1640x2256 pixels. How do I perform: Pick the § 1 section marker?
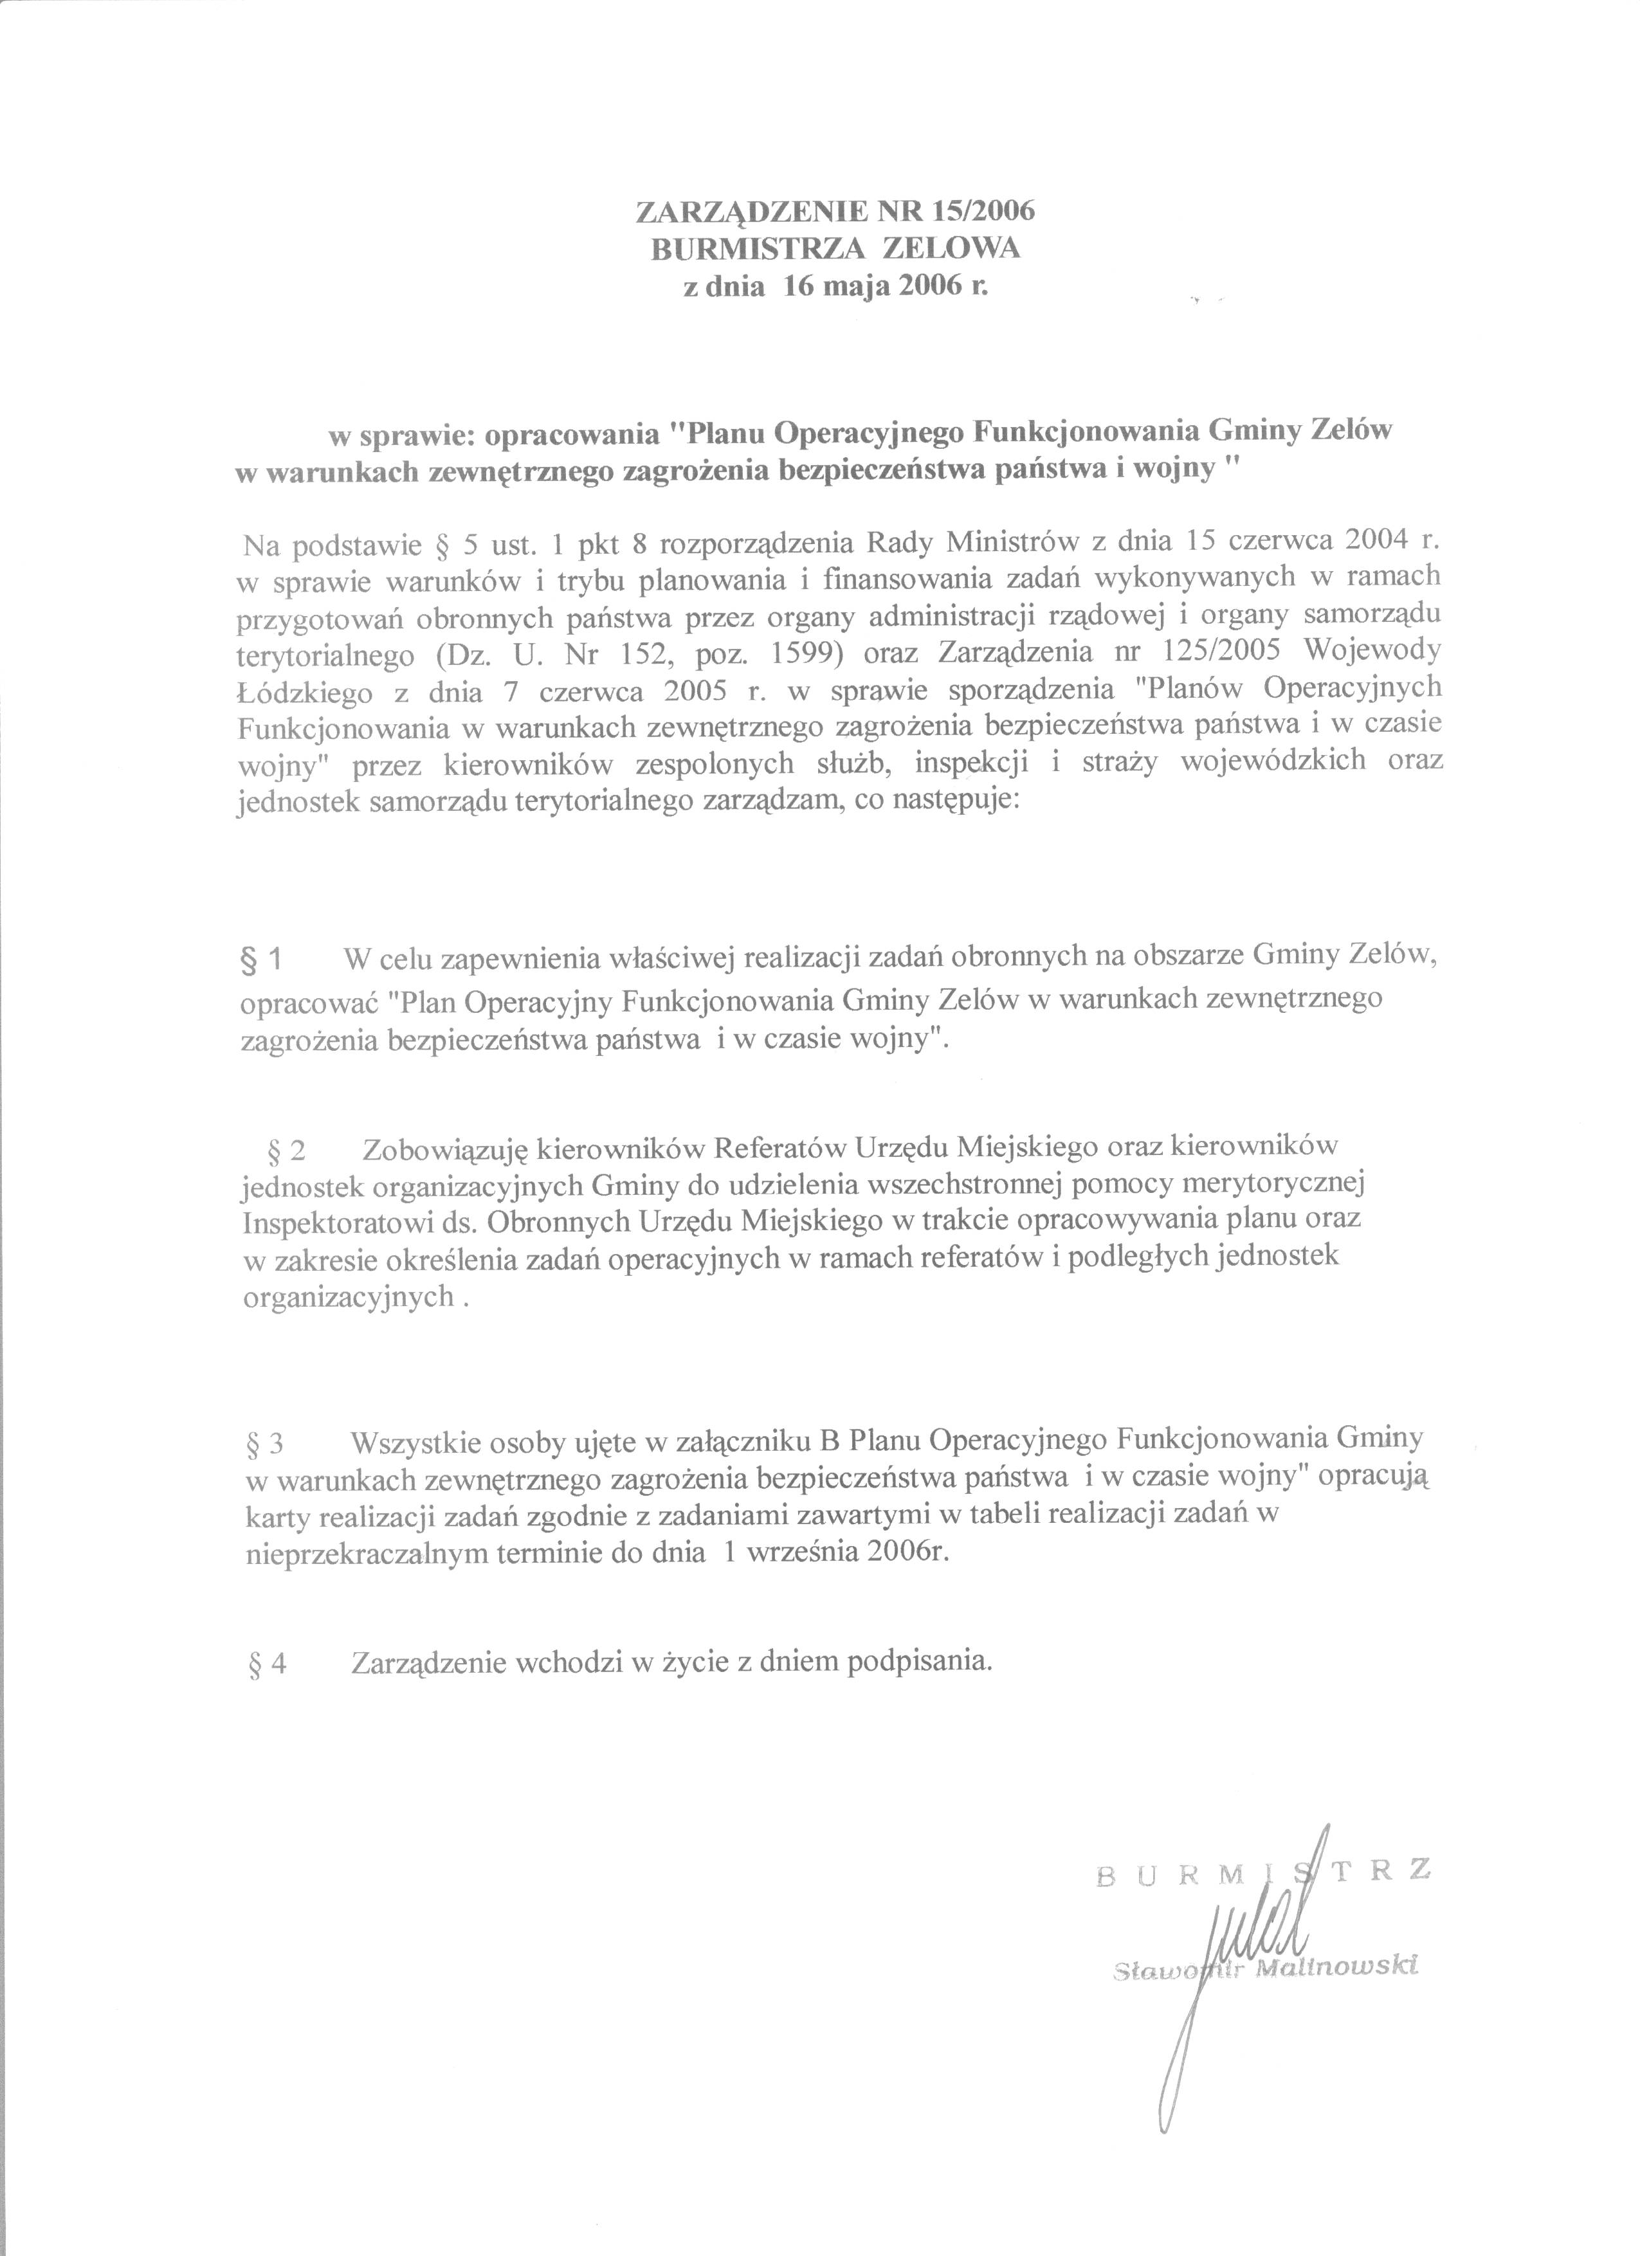tap(264, 960)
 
